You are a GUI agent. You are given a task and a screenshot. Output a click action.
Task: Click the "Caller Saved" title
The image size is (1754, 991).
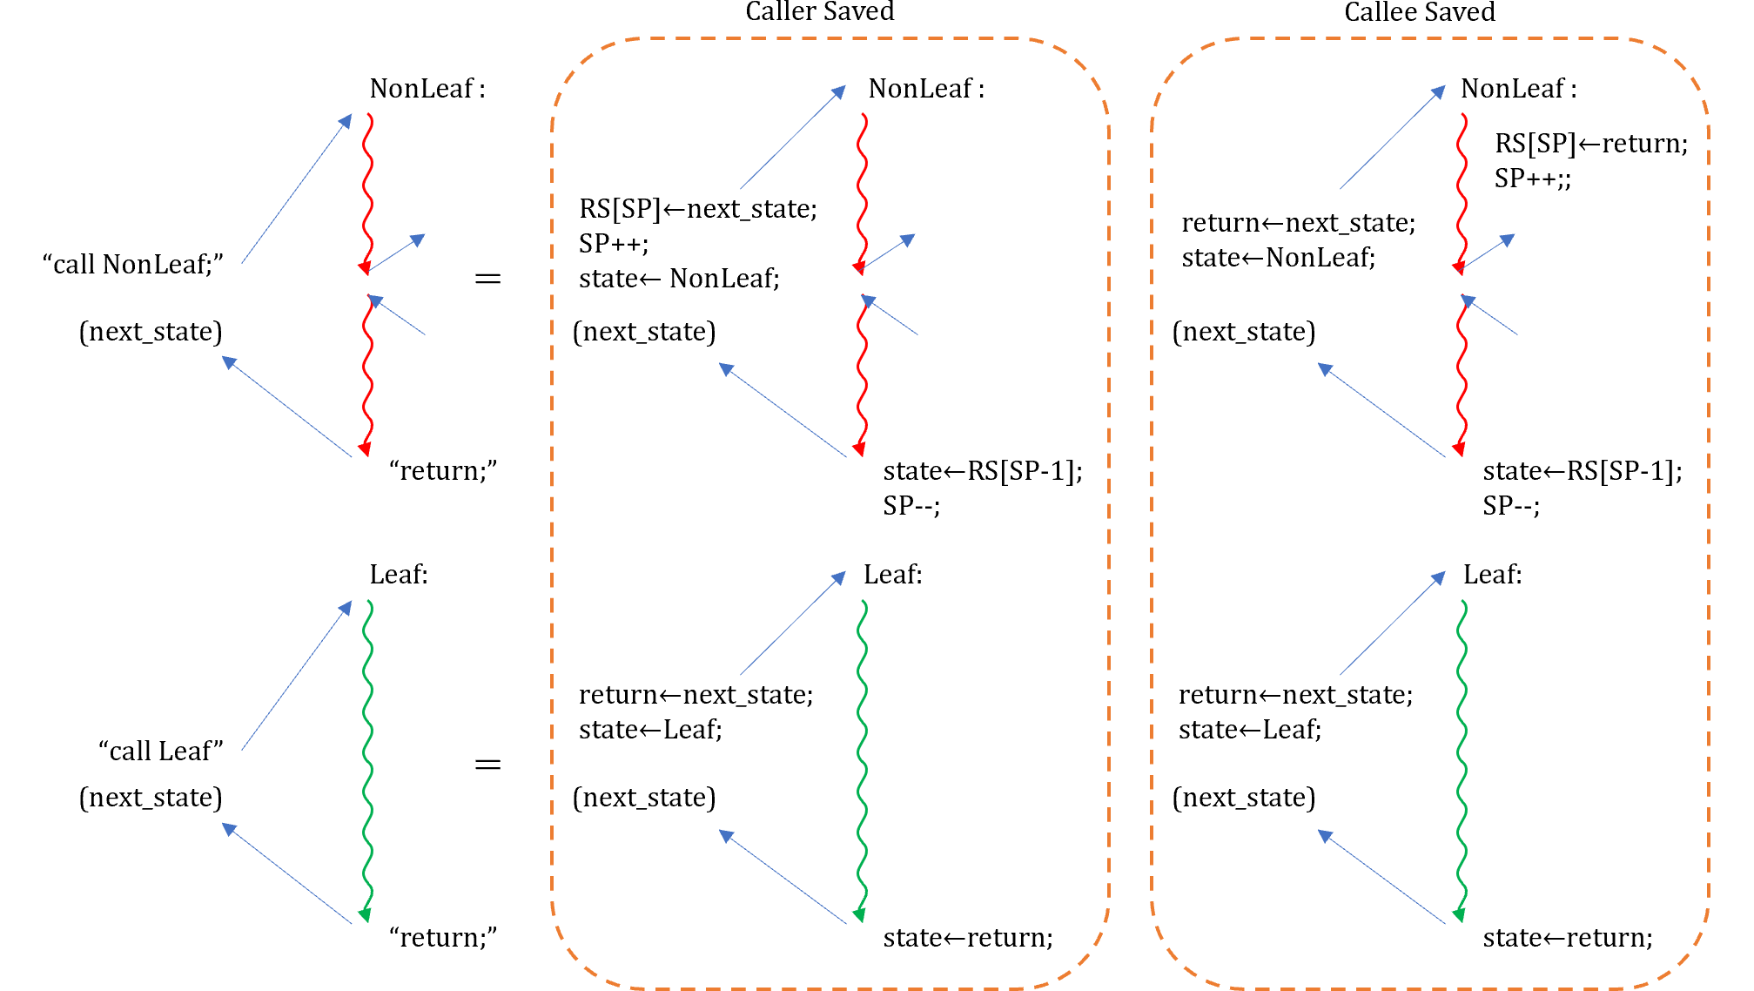point(819,12)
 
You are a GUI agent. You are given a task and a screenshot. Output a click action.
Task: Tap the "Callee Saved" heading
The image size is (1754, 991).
point(1420,12)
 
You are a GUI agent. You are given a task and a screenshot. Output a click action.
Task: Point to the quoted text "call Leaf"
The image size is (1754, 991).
point(161,751)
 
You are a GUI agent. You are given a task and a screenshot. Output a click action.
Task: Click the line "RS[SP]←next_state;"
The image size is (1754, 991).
point(698,209)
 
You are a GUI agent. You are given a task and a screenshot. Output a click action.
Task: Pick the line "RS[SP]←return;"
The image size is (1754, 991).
point(1591,144)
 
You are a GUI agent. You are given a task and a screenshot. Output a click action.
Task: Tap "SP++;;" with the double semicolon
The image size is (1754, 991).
point(1533,179)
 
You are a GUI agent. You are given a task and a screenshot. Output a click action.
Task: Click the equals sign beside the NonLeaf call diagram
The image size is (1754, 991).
point(487,279)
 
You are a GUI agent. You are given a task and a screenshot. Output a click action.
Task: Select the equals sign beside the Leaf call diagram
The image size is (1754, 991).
point(487,765)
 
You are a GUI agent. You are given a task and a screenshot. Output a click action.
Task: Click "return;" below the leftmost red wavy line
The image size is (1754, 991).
point(444,471)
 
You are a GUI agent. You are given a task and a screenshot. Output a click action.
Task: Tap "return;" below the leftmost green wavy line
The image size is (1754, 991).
point(444,938)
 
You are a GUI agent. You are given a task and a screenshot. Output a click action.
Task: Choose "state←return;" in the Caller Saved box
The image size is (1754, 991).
point(968,938)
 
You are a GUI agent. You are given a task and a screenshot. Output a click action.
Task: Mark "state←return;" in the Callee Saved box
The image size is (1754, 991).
point(1568,938)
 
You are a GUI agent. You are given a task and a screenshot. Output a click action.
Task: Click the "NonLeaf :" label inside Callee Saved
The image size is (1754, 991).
point(1518,89)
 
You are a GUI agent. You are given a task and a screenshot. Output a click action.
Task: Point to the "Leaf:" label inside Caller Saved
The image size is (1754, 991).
point(893,575)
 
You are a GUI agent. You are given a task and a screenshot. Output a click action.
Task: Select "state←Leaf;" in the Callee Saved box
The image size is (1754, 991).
point(1250,730)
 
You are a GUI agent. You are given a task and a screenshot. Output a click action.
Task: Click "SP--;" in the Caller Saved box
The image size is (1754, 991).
point(911,506)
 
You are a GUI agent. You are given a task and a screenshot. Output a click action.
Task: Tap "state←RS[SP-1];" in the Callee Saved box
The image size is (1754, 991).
point(1583,471)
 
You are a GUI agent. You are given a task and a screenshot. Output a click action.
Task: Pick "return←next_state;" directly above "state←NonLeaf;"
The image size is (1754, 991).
point(1299,223)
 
